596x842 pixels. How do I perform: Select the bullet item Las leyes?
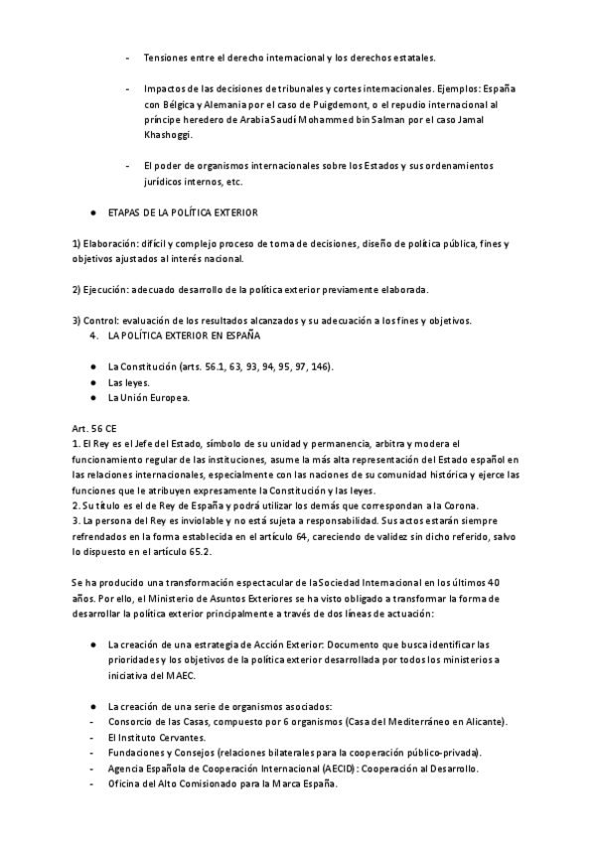[x=128, y=382]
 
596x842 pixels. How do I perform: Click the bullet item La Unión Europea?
[x=148, y=398]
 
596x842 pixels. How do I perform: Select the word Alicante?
[x=484, y=721]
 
